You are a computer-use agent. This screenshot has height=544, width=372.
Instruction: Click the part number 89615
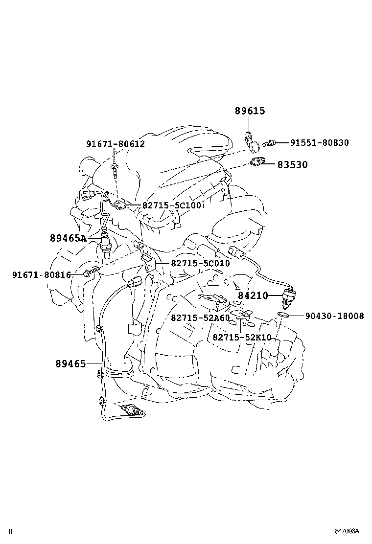pyautogui.click(x=250, y=111)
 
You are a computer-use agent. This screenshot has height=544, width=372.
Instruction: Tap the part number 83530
pyautogui.click(x=293, y=165)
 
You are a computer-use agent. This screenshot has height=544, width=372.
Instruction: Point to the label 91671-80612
pyautogui.click(x=116, y=144)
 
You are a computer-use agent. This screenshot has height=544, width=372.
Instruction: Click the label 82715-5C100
pyautogui.click(x=172, y=205)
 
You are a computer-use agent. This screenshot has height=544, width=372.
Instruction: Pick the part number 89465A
pyautogui.click(x=68, y=238)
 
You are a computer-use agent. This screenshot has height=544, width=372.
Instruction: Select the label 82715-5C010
pyautogui.click(x=200, y=263)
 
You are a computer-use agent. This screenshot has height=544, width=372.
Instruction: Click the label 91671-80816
pyautogui.click(x=42, y=275)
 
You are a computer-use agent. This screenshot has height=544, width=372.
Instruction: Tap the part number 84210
pyautogui.click(x=253, y=295)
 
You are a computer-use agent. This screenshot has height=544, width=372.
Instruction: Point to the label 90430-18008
pyautogui.click(x=334, y=316)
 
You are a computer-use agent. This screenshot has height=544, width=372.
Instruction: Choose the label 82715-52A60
pyautogui.click(x=200, y=318)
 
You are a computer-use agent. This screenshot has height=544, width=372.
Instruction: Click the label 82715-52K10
pyautogui.click(x=242, y=338)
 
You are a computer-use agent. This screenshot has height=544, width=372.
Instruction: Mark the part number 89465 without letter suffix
pyautogui.click(x=70, y=363)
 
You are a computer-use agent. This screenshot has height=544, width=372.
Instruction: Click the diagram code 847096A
pyautogui.click(x=347, y=531)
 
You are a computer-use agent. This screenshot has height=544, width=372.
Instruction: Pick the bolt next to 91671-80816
pyautogui.click(x=91, y=272)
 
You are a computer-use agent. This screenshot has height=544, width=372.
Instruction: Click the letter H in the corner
pyautogui.click(x=10, y=531)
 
